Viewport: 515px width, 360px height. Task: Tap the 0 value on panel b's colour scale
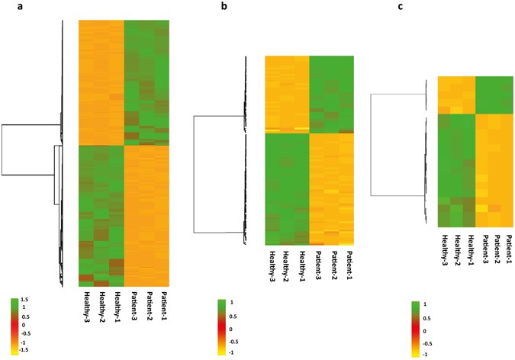coord(238,332)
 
